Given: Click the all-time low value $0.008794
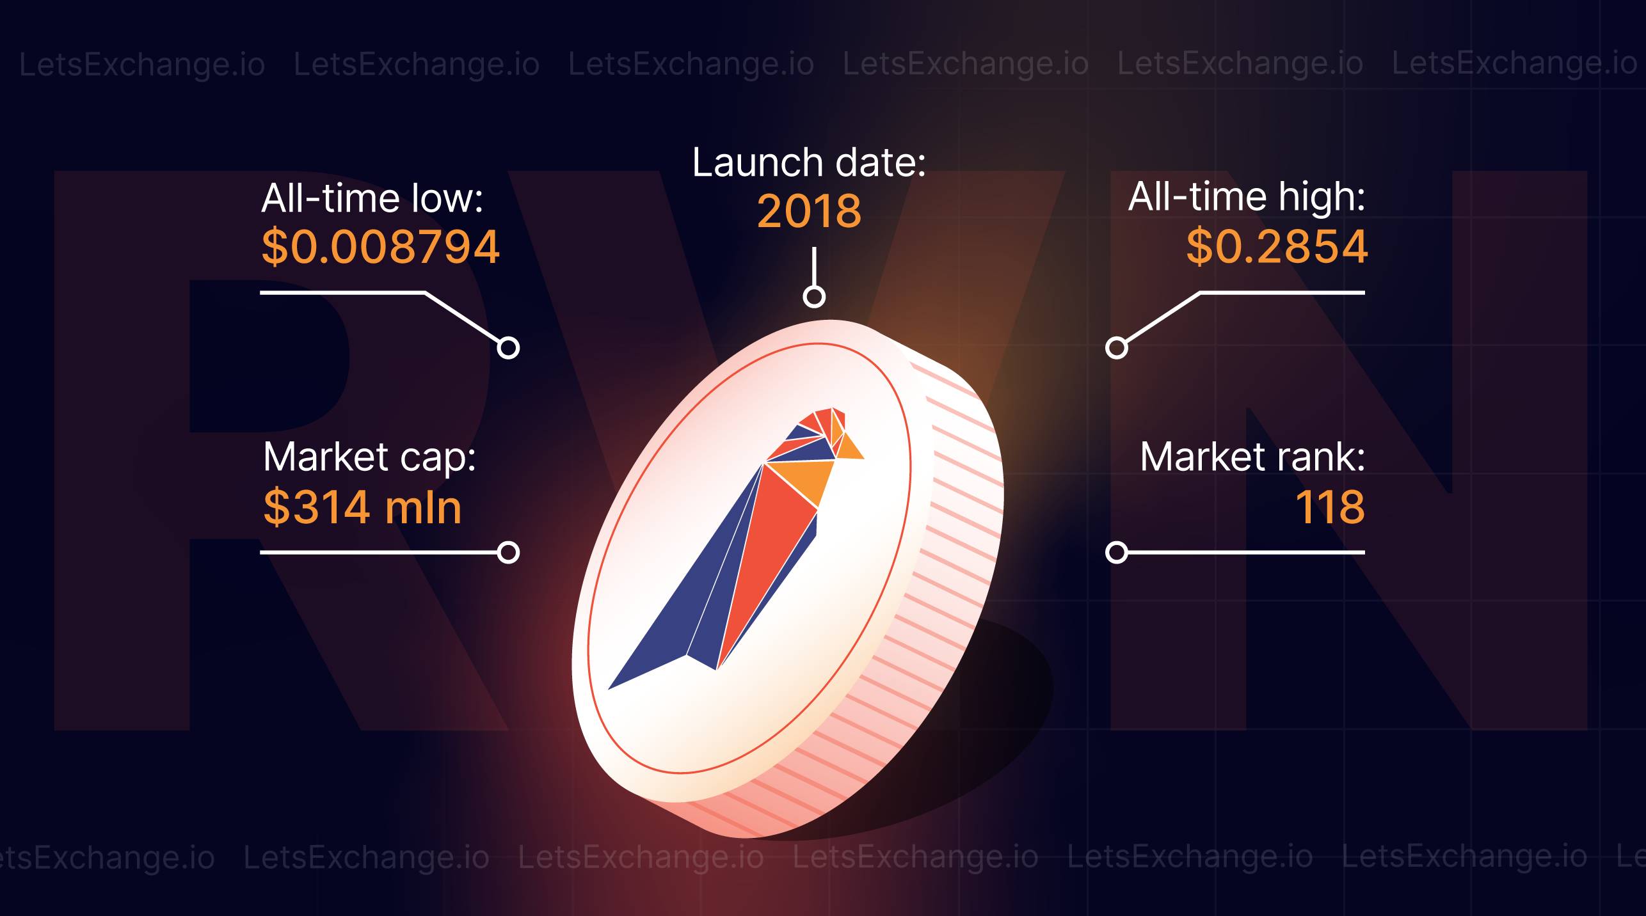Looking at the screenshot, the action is [x=380, y=247].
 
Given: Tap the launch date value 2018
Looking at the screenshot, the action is [x=809, y=210].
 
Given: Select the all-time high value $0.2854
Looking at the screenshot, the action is [x=1277, y=246].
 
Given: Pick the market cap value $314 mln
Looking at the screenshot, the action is [x=362, y=507].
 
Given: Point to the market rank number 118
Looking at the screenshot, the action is [x=1330, y=507].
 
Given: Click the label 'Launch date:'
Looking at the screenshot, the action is [x=809, y=162].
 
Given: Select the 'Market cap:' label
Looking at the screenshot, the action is [x=369, y=457].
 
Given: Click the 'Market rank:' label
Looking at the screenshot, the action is [x=1252, y=457].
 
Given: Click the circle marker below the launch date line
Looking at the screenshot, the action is [x=814, y=296].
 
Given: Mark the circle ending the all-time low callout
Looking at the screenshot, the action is [x=508, y=347].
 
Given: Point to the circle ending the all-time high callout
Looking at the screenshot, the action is [x=1117, y=347].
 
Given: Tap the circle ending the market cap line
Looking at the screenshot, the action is [x=508, y=552].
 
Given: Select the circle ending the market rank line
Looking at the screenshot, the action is [x=1117, y=552].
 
